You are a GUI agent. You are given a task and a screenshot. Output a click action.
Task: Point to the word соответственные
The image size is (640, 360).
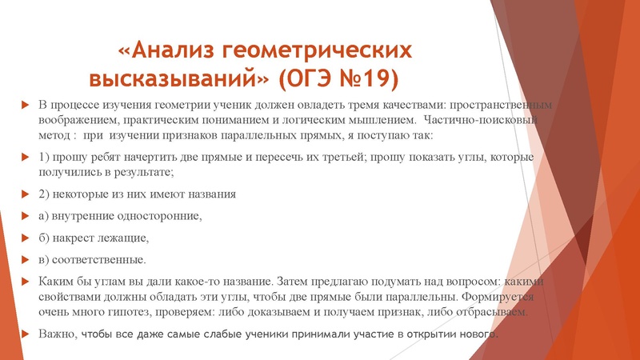click(101, 259)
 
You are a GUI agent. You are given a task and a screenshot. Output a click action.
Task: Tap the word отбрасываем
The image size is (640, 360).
click(492, 310)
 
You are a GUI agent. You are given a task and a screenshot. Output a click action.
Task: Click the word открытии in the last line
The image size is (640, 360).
click(420, 333)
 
